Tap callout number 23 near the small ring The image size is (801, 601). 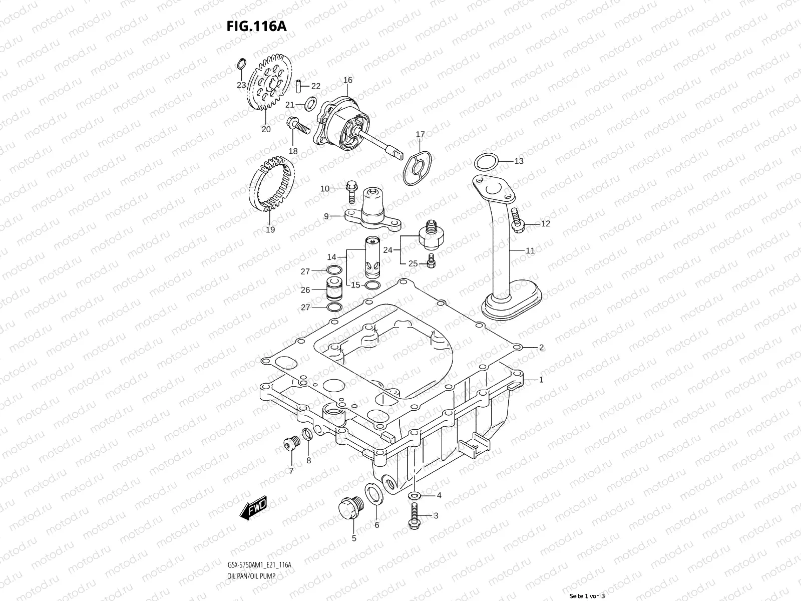click(241, 85)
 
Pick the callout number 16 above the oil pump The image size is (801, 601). click(348, 80)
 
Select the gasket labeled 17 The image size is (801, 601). click(418, 168)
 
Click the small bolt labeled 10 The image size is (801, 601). click(350, 188)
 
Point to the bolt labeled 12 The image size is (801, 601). click(517, 221)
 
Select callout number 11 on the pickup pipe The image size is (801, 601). click(530, 251)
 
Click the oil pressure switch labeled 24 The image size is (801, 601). click(430, 235)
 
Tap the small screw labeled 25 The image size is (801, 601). click(431, 260)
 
